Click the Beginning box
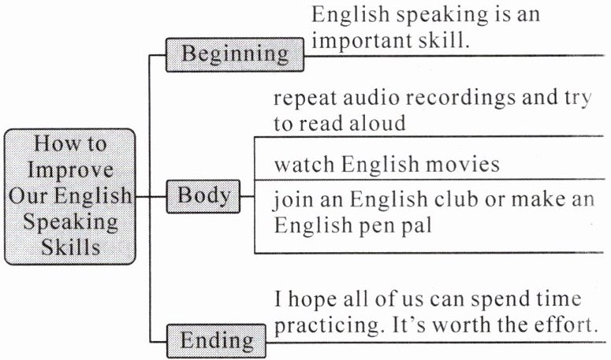pyautogui.click(x=235, y=54)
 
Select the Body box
pyautogui.click(x=203, y=195)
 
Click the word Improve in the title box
pyautogui.click(x=70, y=170)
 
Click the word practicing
pyautogui.click(x=325, y=325)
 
